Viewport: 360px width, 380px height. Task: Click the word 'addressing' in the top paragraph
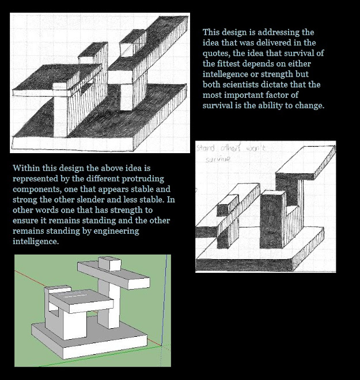(x=293, y=32)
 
